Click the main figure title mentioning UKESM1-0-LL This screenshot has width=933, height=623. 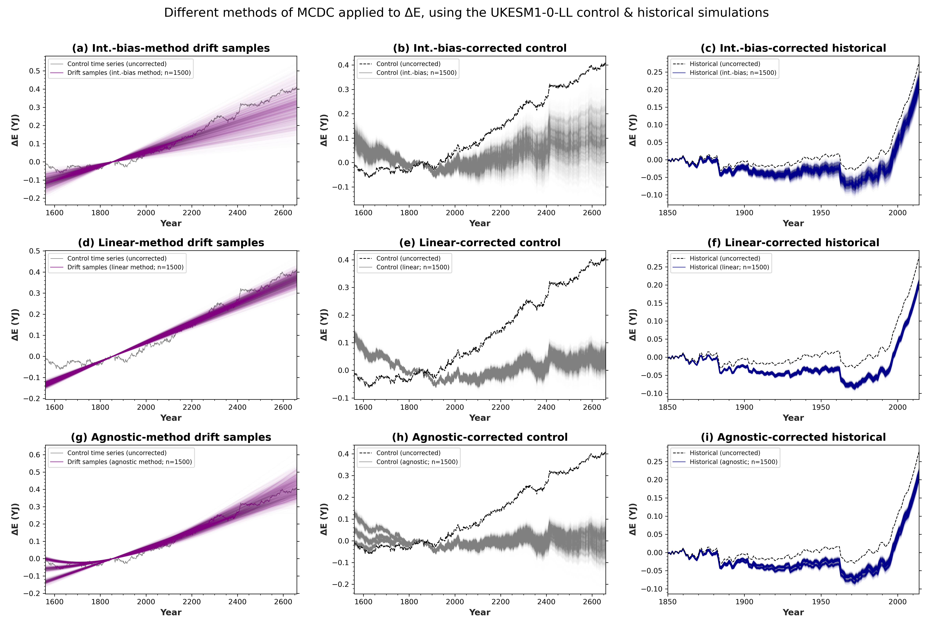tap(466, 13)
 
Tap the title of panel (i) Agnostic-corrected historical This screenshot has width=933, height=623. tap(793, 437)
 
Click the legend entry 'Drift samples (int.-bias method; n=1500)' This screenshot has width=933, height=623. tap(129, 73)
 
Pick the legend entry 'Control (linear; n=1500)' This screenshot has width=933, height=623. tap(413, 267)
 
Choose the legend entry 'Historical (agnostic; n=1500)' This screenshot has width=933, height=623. tap(733, 462)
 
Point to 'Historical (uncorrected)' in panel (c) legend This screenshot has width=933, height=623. tap(725, 64)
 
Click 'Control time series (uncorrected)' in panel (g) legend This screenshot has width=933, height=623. tap(117, 453)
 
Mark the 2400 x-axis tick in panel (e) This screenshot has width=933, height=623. tap(546, 407)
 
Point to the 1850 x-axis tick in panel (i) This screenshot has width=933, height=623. tap(667, 601)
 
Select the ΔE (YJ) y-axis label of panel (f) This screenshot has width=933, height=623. tap(633, 325)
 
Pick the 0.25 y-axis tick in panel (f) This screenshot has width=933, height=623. tap(655, 267)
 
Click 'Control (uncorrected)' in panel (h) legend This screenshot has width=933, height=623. tap(408, 453)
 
